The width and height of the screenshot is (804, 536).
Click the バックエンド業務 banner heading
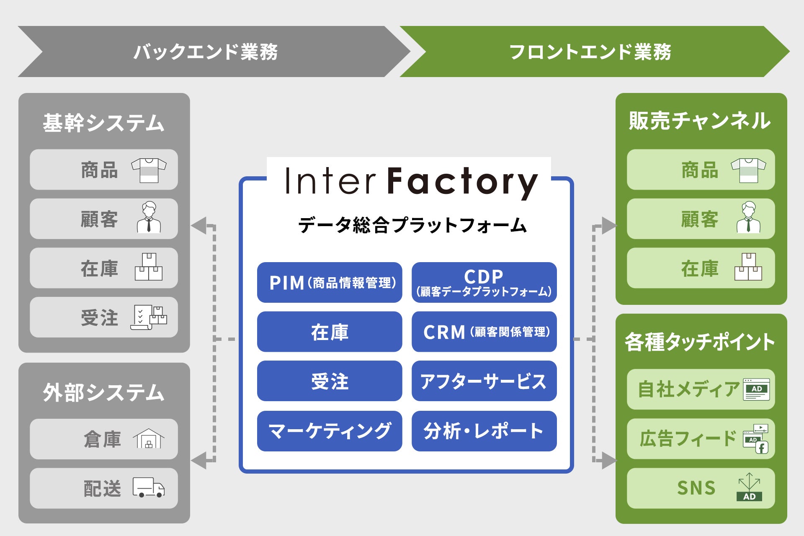click(205, 52)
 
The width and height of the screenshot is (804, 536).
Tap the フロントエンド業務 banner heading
click(590, 52)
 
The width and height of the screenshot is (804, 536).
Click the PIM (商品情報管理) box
click(330, 283)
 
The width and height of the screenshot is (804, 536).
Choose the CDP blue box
click(484, 283)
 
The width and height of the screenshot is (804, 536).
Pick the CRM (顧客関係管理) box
click(484, 332)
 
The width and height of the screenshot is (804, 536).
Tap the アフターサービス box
click(484, 381)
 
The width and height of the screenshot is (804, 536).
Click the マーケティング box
click(330, 431)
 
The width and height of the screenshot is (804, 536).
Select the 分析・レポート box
click(484, 431)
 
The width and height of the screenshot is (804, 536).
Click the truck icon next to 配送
click(149, 487)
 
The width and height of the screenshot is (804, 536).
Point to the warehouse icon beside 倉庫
click(149, 438)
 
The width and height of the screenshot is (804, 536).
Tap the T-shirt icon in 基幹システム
click(149, 170)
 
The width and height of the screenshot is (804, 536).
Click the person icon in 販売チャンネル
click(749, 217)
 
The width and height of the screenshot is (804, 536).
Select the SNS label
click(696, 488)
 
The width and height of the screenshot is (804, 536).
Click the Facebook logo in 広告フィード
click(762, 448)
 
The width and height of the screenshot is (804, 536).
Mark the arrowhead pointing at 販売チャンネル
click(608, 225)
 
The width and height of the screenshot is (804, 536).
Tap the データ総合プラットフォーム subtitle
click(412, 225)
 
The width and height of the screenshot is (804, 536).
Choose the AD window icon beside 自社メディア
click(756, 389)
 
